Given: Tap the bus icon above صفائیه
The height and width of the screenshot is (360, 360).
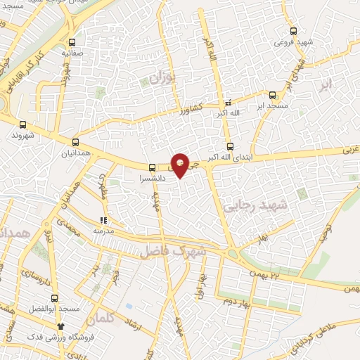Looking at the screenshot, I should (x=72, y=41).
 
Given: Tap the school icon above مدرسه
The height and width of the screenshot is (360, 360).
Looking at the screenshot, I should (x=104, y=220).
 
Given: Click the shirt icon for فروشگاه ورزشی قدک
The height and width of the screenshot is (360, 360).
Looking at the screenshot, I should (x=61, y=326).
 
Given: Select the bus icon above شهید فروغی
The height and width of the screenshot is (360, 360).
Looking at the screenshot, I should (x=294, y=31).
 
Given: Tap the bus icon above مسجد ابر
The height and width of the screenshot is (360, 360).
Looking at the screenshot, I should (x=273, y=95).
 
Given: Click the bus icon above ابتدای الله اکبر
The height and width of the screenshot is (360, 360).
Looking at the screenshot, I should (x=230, y=146).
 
